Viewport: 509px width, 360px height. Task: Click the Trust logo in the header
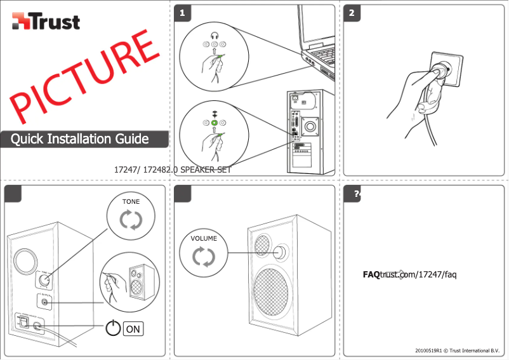click(46, 22)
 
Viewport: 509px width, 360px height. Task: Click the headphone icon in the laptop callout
click(215, 36)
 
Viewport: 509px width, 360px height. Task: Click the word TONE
click(131, 201)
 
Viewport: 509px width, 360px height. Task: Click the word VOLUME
click(203, 239)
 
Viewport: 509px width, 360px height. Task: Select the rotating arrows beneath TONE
click(131, 220)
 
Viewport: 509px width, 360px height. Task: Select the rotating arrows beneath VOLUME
click(204, 257)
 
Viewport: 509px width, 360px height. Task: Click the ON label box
click(133, 329)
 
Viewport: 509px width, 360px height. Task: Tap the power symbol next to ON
click(113, 328)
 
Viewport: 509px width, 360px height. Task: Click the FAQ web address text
click(409, 274)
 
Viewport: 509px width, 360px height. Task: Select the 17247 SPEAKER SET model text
click(171, 170)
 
